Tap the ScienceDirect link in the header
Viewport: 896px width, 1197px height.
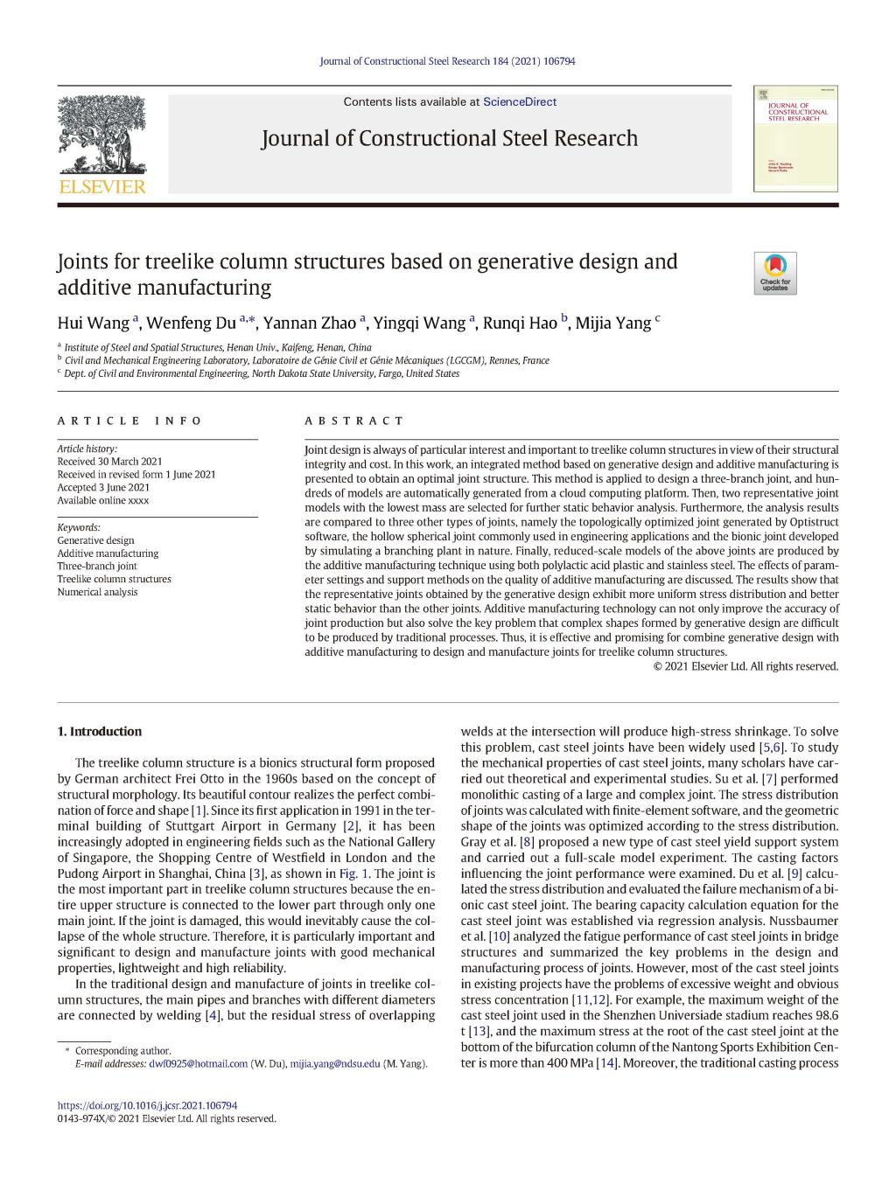(x=520, y=101)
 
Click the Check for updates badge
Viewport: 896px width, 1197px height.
(x=774, y=273)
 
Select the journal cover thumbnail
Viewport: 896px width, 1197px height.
(x=794, y=138)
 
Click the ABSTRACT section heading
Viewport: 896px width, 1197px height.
(x=354, y=421)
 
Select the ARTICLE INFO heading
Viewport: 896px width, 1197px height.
(x=129, y=421)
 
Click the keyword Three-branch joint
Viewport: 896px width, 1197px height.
(x=97, y=567)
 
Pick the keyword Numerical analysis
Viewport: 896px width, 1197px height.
(x=97, y=592)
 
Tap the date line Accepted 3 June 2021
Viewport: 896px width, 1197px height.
(x=103, y=488)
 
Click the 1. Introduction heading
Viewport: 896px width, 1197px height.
(x=99, y=732)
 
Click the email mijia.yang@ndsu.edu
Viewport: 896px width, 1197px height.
(x=335, y=1064)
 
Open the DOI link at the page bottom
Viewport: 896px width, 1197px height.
(x=147, y=1105)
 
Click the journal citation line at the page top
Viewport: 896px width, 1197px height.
(x=447, y=61)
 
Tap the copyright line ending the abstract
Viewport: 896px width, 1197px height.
(x=745, y=666)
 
